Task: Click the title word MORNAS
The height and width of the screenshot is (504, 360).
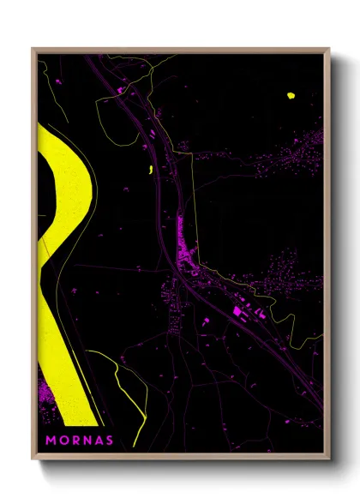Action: [x=81, y=441]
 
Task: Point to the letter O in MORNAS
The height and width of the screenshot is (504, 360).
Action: [x=65, y=441]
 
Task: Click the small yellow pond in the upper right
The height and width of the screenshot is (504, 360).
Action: [x=290, y=95]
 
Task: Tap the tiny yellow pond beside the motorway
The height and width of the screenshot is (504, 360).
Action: [x=150, y=170]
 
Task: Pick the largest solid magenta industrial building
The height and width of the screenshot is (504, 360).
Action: [x=237, y=311]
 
